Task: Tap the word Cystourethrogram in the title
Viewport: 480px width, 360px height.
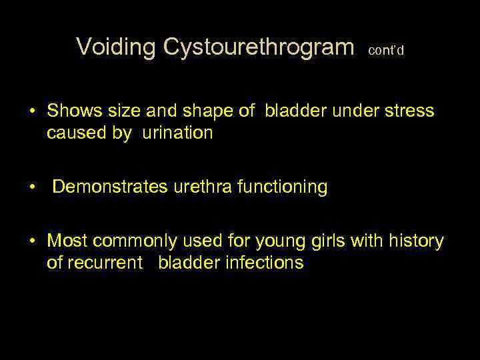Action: [259, 47]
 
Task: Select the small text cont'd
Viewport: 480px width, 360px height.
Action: [386, 50]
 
